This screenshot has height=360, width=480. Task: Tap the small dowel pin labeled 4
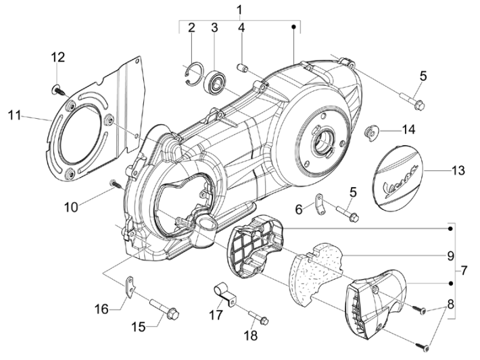(243, 68)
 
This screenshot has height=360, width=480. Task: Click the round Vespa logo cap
(398, 177)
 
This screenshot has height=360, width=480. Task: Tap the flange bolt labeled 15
(164, 308)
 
